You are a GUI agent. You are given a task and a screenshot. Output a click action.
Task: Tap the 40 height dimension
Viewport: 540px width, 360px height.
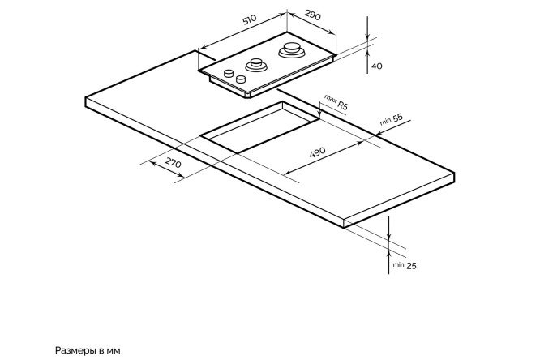[x=376, y=66]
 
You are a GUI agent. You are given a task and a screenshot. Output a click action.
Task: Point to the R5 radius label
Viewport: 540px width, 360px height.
[x=343, y=106]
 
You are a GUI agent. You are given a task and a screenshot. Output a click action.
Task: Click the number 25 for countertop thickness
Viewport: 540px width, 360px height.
[x=411, y=265]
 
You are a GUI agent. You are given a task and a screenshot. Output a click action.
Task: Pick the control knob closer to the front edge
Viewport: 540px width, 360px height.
[x=241, y=79]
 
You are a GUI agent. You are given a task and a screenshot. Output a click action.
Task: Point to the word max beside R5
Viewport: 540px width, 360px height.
[x=330, y=98]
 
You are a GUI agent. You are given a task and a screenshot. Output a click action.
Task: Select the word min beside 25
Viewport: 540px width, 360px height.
[x=398, y=264]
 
